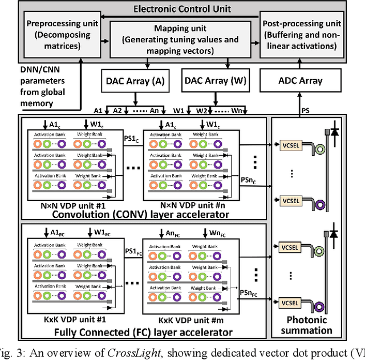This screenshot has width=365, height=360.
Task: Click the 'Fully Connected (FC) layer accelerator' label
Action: pyautogui.click(x=143, y=332)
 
